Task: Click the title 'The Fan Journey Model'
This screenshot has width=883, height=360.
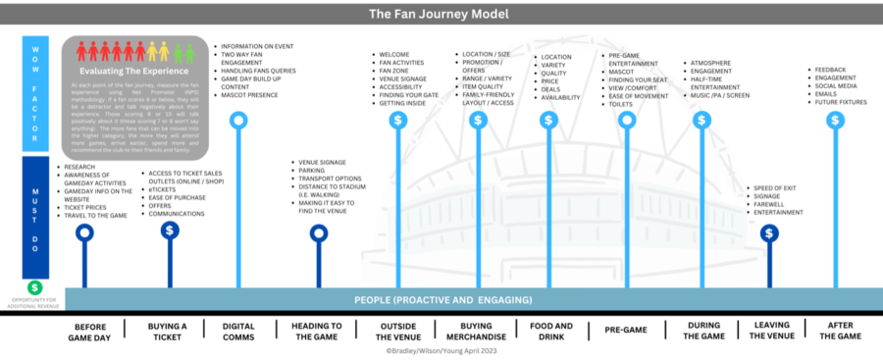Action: click(441, 14)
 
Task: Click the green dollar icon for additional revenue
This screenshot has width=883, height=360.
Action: click(34, 287)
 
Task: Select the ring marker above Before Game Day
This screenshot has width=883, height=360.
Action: click(85, 232)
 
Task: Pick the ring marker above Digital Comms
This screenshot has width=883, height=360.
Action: click(237, 121)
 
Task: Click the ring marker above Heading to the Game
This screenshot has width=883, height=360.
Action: click(319, 232)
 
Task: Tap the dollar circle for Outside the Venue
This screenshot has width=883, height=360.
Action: click(398, 120)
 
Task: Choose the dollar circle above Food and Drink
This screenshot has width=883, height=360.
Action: click(549, 120)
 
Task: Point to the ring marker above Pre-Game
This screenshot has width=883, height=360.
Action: click(628, 120)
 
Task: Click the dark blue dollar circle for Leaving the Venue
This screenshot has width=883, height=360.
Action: click(770, 232)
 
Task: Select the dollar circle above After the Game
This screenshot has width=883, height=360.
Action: click(835, 120)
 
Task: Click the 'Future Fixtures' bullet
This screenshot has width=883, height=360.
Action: click(841, 101)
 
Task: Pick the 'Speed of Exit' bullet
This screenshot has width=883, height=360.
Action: click(775, 187)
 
